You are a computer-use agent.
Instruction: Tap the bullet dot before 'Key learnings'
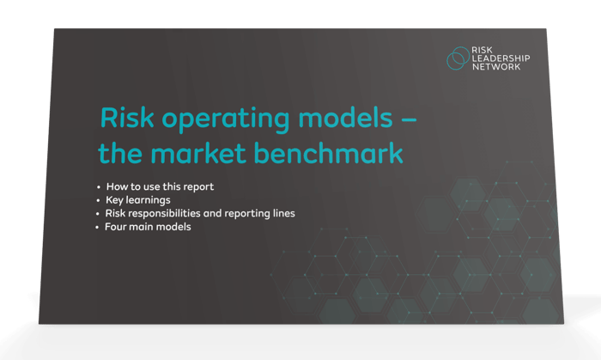point(99,200)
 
